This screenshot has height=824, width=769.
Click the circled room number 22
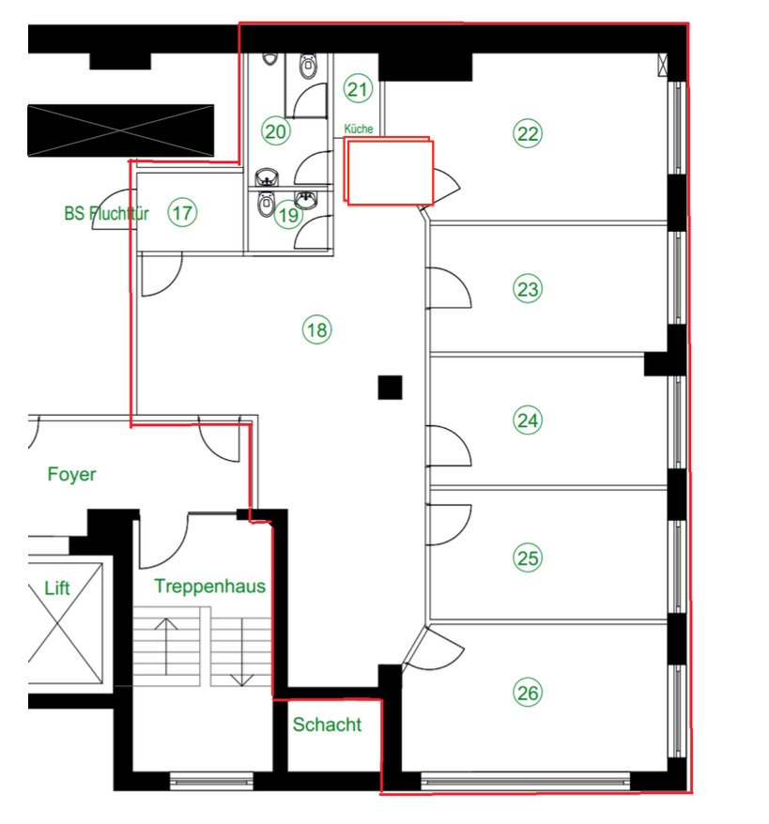click(x=528, y=133)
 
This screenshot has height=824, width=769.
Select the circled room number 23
click(x=528, y=289)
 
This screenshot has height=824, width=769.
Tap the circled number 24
click(x=528, y=421)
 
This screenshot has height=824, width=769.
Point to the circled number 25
click(x=528, y=558)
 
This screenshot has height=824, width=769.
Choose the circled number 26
click(x=528, y=694)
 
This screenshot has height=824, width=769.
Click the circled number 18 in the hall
click(x=317, y=329)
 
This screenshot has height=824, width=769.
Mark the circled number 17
click(x=182, y=213)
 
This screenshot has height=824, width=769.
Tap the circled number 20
click(x=275, y=131)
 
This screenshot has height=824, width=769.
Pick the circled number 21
click(x=358, y=90)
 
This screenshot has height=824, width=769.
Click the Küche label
click(x=359, y=129)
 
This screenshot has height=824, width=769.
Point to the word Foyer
click(x=71, y=475)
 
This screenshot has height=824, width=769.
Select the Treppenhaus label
click(x=209, y=587)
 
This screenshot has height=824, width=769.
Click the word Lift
click(x=57, y=588)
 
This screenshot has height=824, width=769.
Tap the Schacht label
click(x=327, y=725)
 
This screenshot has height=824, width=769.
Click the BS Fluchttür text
click(x=107, y=213)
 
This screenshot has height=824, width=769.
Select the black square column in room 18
click(x=390, y=387)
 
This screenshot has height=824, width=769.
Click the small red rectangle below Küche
click(x=389, y=172)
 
